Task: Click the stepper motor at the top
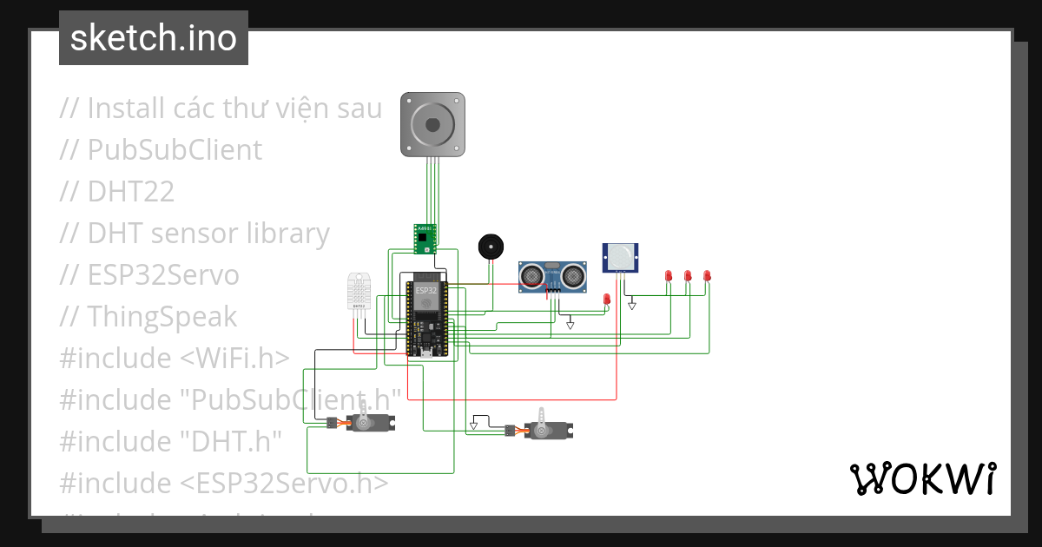point(432,126)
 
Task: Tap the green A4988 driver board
point(424,239)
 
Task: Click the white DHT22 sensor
point(358,293)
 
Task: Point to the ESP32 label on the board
point(425,290)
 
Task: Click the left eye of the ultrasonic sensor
point(531,276)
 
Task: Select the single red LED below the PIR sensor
point(607,300)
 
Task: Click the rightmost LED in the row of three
point(707,276)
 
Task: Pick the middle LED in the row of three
point(688,276)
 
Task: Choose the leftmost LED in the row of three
point(669,276)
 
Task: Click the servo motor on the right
point(547,429)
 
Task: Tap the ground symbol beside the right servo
point(474,425)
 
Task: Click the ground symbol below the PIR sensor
point(632,305)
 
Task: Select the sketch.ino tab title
point(154,38)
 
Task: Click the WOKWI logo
point(922,479)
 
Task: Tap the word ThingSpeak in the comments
point(162,316)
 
